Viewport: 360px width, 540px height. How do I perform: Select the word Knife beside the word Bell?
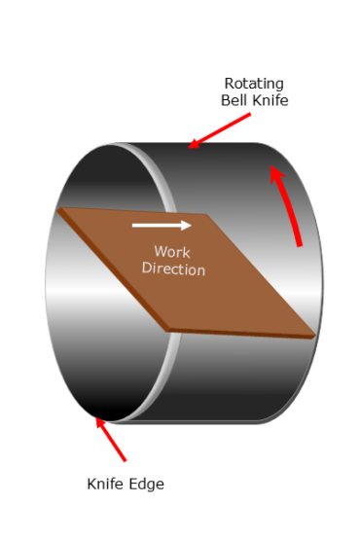270,99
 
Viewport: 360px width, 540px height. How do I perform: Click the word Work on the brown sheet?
172,252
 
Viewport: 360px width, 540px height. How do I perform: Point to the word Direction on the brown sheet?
173,269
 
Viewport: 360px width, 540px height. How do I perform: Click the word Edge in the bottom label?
147,484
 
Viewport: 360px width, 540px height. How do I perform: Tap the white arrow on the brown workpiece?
162,226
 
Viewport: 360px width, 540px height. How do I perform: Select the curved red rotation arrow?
289,204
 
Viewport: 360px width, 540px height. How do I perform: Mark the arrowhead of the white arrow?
186,226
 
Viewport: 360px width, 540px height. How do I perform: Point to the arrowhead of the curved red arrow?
276,174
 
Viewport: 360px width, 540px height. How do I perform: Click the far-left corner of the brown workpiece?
59,210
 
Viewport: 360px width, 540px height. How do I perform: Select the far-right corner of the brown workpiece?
313,334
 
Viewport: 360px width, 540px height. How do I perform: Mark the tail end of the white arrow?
134,226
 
